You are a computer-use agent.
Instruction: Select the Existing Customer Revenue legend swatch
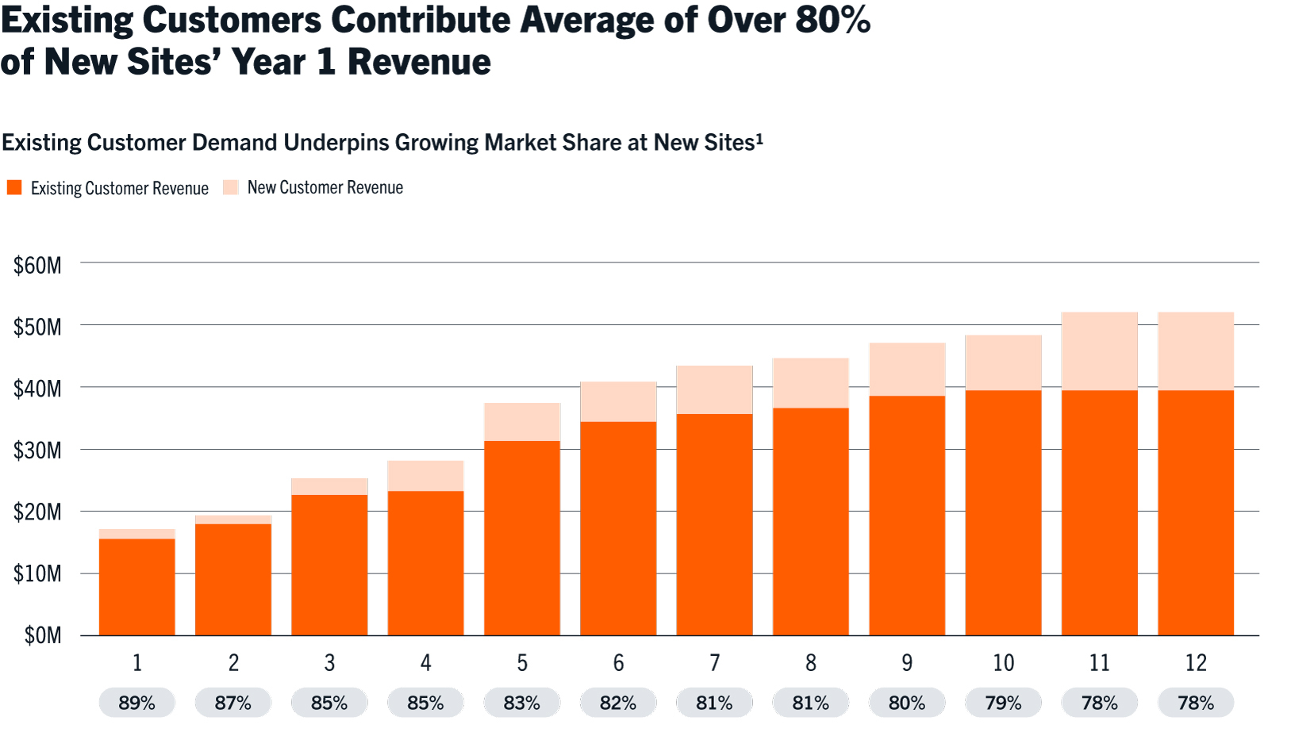pyautogui.click(x=14, y=188)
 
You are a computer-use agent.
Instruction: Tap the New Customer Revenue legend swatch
pyautogui.click(x=231, y=187)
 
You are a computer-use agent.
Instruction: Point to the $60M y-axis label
pyautogui.click(x=37, y=265)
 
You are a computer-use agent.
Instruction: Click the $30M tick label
pyautogui.click(x=37, y=450)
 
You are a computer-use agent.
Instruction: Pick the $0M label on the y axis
pyautogui.click(x=43, y=635)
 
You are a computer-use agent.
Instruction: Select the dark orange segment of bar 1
pyautogui.click(x=137, y=587)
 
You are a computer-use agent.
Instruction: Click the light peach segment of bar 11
pyautogui.click(x=1100, y=351)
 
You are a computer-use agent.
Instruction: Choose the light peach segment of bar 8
pyautogui.click(x=811, y=383)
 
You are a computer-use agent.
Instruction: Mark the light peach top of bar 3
pyautogui.click(x=329, y=486)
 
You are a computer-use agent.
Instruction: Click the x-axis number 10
pyautogui.click(x=1003, y=663)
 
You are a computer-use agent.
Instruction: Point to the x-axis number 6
pyautogui.click(x=618, y=663)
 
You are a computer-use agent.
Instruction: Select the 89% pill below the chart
pyautogui.click(x=136, y=703)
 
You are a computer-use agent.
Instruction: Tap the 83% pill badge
pyautogui.click(x=521, y=703)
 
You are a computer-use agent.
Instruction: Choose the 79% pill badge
pyautogui.click(x=1003, y=703)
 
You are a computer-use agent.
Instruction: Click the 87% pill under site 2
pyautogui.click(x=232, y=703)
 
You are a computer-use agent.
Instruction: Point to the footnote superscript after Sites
pyautogui.click(x=759, y=138)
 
